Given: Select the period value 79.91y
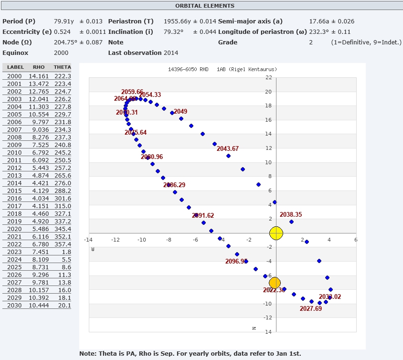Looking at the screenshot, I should [x=64, y=21].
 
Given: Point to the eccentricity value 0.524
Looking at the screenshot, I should [x=63, y=32].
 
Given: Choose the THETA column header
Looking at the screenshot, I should [x=62, y=67].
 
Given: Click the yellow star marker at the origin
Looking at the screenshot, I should [x=276, y=233].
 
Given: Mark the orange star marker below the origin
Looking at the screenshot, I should [x=276, y=283].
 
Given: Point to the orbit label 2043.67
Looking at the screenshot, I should [x=228, y=149].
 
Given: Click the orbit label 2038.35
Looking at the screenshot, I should [x=291, y=215].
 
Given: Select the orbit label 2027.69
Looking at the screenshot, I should [x=311, y=309].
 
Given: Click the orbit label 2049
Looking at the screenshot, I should [x=180, y=112].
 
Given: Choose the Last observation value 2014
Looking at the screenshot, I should [x=171, y=53].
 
